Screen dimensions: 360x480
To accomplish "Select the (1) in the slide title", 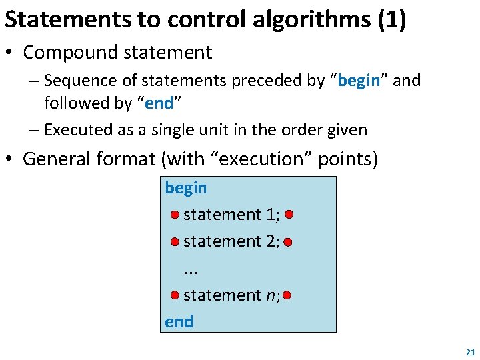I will pyautogui.click(x=391, y=19).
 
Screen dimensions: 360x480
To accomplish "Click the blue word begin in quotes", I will pyautogui.click(x=359, y=81).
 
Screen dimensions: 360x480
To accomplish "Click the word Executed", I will pyautogui.click(x=79, y=130).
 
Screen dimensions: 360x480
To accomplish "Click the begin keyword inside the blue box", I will pyautogui.click(x=186, y=188).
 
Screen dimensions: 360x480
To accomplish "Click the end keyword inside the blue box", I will pyautogui.click(x=179, y=321).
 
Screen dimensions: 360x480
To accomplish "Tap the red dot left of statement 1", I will pyautogui.click(x=174, y=215).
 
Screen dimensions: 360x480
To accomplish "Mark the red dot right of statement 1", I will pyautogui.click(x=287, y=215).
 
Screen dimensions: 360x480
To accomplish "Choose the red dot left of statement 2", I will pyautogui.click(x=174, y=241).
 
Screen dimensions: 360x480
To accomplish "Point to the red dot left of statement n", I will pyautogui.click(x=174, y=295).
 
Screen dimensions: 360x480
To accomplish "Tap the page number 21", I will pyautogui.click(x=470, y=351).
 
